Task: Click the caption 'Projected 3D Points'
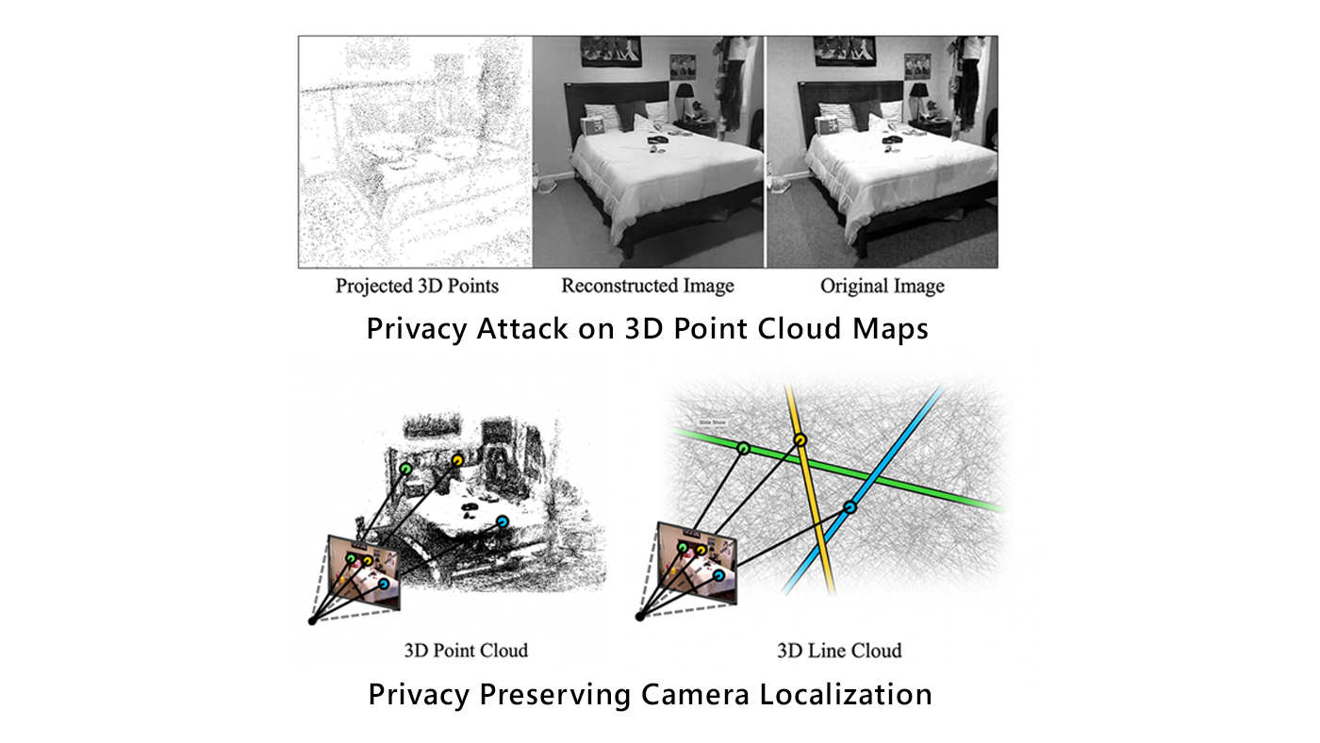[x=417, y=286]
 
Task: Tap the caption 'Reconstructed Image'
[x=648, y=286]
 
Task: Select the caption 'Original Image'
[x=882, y=286]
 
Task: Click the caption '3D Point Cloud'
[x=466, y=651]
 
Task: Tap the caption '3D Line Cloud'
[x=839, y=651]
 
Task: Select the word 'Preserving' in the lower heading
[x=554, y=695]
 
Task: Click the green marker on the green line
[x=743, y=449]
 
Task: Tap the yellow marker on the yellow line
[x=800, y=439]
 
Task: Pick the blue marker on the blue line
[x=850, y=507]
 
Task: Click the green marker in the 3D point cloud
[x=405, y=468]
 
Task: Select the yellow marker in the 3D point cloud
[x=457, y=460]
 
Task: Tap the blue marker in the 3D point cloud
[x=502, y=520]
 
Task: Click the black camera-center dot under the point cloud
[x=312, y=619]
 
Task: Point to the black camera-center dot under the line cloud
[x=640, y=617]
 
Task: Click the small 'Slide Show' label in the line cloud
[x=713, y=421]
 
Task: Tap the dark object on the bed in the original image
[x=891, y=140]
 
